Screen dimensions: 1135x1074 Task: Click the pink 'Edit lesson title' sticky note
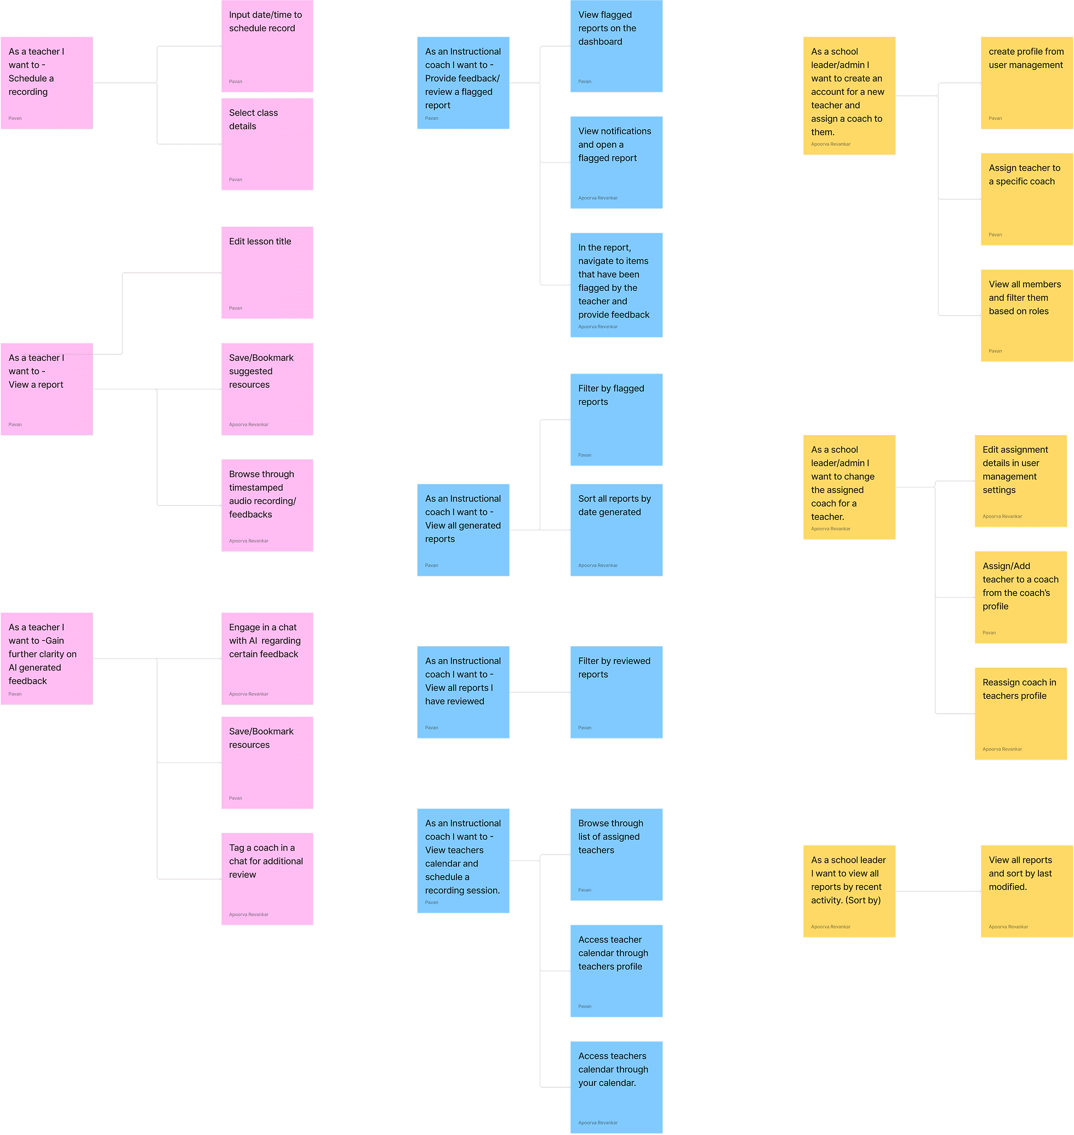point(267,272)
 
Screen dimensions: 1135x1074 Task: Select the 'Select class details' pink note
point(267,144)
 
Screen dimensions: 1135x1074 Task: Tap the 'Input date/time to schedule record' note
point(267,46)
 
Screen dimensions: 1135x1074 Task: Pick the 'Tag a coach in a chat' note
point(267,879)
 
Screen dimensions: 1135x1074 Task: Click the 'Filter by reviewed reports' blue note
point(616,692)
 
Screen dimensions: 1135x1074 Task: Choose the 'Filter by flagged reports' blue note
point(616,420)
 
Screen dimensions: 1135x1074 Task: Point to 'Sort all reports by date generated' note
point(616,530)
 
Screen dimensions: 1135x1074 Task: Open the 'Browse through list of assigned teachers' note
point(616,855)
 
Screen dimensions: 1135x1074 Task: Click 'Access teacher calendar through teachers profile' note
point(616,971)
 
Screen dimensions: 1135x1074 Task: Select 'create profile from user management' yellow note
point(1026,83)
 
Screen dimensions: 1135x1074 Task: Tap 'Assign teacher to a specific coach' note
point(1026,199)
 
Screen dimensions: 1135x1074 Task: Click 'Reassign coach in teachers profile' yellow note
point(1020,714)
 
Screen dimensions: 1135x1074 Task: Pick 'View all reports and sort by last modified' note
point(1026,891)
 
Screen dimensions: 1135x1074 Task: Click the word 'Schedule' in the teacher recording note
point(27,78)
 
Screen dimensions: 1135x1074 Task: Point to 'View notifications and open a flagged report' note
point(616,163)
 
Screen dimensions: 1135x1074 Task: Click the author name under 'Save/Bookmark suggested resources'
point(248,425)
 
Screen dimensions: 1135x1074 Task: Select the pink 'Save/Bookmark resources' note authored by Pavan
point(267,763)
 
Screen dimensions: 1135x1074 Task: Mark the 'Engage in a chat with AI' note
point(267,658)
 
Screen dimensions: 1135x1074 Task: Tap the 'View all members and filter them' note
point(1026,316)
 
